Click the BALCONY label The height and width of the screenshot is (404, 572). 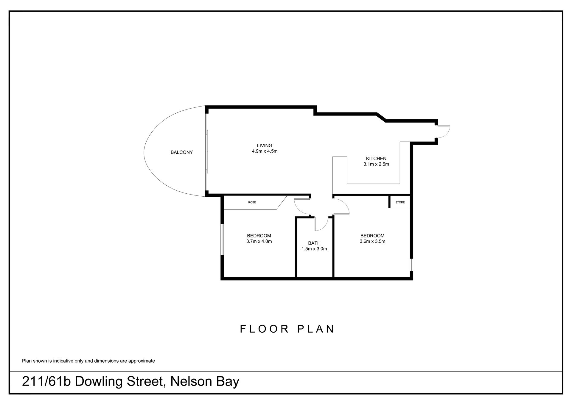(181, 152)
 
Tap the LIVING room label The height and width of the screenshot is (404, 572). (265, 145)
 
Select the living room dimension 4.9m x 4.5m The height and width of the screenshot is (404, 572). (265, 151)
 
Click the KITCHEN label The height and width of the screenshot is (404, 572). (376, 159)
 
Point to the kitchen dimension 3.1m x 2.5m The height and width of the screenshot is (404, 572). (376, 164)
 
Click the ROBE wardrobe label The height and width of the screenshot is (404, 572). (252, 202)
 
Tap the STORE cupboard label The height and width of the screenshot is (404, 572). (400, 202)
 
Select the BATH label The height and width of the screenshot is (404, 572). (314, 243)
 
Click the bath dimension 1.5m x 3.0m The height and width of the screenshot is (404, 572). (314, 249)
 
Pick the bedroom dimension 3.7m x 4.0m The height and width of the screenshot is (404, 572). (259, 241)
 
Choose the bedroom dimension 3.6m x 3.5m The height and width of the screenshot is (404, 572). (372, 241)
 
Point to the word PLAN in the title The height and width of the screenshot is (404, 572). (316, 329)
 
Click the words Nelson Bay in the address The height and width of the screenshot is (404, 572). (205, 382)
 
